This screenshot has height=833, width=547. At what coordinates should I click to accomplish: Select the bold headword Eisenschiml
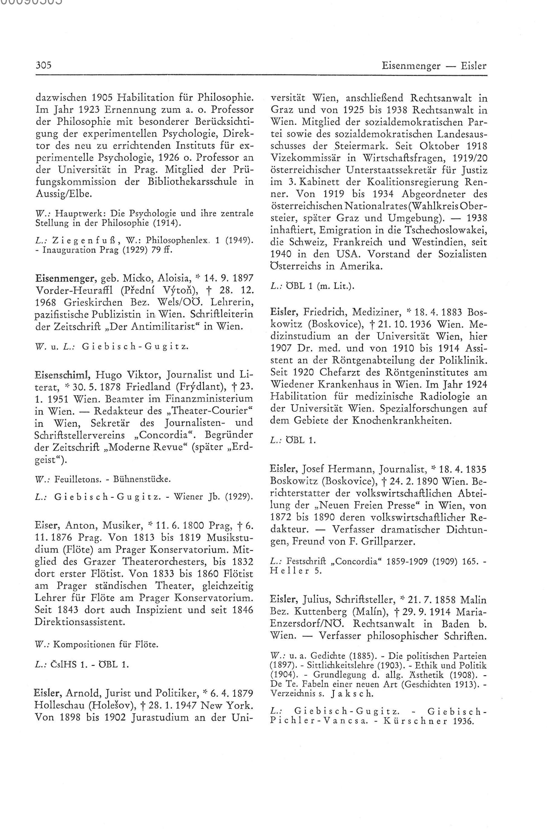(x=63, y=375)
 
